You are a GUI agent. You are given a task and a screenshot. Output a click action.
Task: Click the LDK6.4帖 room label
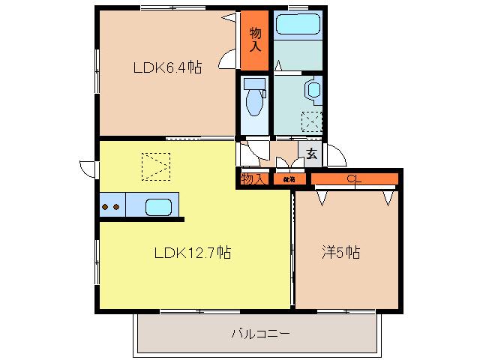(167, 68)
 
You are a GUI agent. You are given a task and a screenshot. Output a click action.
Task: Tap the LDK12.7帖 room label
(192, 253)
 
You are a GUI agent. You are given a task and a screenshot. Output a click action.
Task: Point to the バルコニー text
(259, 333)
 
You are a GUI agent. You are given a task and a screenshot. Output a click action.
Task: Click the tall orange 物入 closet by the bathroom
(254, 39)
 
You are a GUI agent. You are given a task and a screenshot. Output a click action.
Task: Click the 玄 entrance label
(311, 156)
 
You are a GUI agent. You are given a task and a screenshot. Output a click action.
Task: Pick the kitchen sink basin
(158, 205)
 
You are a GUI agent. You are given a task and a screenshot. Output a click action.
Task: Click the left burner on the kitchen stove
(106, 206)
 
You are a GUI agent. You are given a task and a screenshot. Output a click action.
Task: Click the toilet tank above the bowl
(255, 83)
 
